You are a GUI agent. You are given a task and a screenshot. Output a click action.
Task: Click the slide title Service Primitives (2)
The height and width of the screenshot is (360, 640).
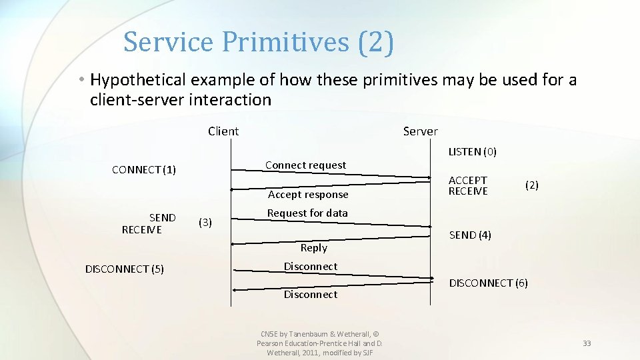(259, 42)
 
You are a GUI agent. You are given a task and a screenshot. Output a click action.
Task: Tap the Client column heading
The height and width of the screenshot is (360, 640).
(223, 131)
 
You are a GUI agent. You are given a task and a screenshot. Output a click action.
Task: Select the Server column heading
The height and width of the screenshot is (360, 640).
(420, 131)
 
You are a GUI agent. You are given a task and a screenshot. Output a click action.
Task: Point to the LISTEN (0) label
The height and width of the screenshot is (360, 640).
(472, 152)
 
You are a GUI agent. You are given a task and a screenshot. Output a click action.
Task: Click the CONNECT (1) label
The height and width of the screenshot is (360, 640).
(144, 170)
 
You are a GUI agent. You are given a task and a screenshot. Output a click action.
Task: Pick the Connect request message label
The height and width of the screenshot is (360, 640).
(305, 165)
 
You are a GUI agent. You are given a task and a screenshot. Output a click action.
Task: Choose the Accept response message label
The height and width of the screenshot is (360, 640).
(308, 195)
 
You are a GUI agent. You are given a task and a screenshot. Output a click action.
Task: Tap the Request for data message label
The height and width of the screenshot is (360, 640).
(307, 213)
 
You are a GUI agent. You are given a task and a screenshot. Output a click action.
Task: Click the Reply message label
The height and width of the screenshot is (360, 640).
(313, 248)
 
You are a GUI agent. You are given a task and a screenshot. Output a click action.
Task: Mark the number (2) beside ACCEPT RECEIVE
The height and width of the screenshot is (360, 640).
(531, 186)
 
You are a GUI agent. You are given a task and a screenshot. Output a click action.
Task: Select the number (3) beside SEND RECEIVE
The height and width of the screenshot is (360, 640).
(205, 222)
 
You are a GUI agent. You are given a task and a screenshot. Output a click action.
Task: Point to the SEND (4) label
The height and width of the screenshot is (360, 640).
(470, 235)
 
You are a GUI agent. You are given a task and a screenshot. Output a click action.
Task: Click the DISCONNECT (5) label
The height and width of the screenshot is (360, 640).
(125, 269)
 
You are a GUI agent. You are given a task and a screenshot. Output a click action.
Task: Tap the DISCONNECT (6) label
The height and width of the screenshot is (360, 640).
(488, 283)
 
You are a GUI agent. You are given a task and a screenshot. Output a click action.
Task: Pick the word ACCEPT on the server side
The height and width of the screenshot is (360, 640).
(468, 180)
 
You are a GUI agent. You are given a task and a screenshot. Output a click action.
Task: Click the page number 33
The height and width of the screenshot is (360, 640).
(587, 343)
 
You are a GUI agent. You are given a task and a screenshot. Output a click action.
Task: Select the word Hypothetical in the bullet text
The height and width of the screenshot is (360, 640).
(139, 80)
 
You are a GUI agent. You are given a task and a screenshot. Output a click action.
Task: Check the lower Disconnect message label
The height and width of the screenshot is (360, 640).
(311, 295)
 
